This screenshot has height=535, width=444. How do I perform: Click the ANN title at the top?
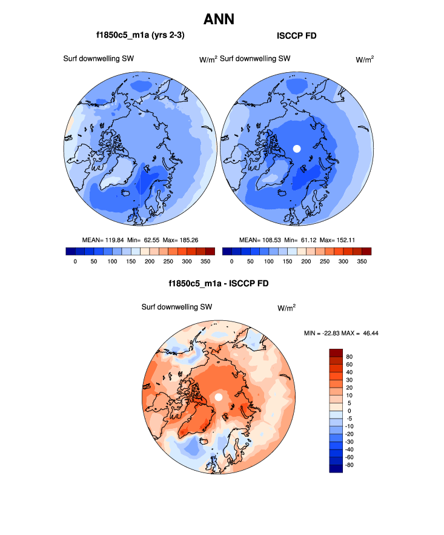click(219, 19)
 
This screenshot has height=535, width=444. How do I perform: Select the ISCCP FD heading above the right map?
click(296, 36)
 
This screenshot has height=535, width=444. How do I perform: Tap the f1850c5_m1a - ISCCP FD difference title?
click(219, 284)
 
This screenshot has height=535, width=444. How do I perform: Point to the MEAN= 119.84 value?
click(102, 240)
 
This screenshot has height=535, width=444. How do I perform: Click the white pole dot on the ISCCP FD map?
click(297, 148)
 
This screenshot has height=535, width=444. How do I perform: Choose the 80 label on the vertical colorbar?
click(348, 357)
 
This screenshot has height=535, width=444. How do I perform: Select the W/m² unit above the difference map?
click(287, 308)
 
